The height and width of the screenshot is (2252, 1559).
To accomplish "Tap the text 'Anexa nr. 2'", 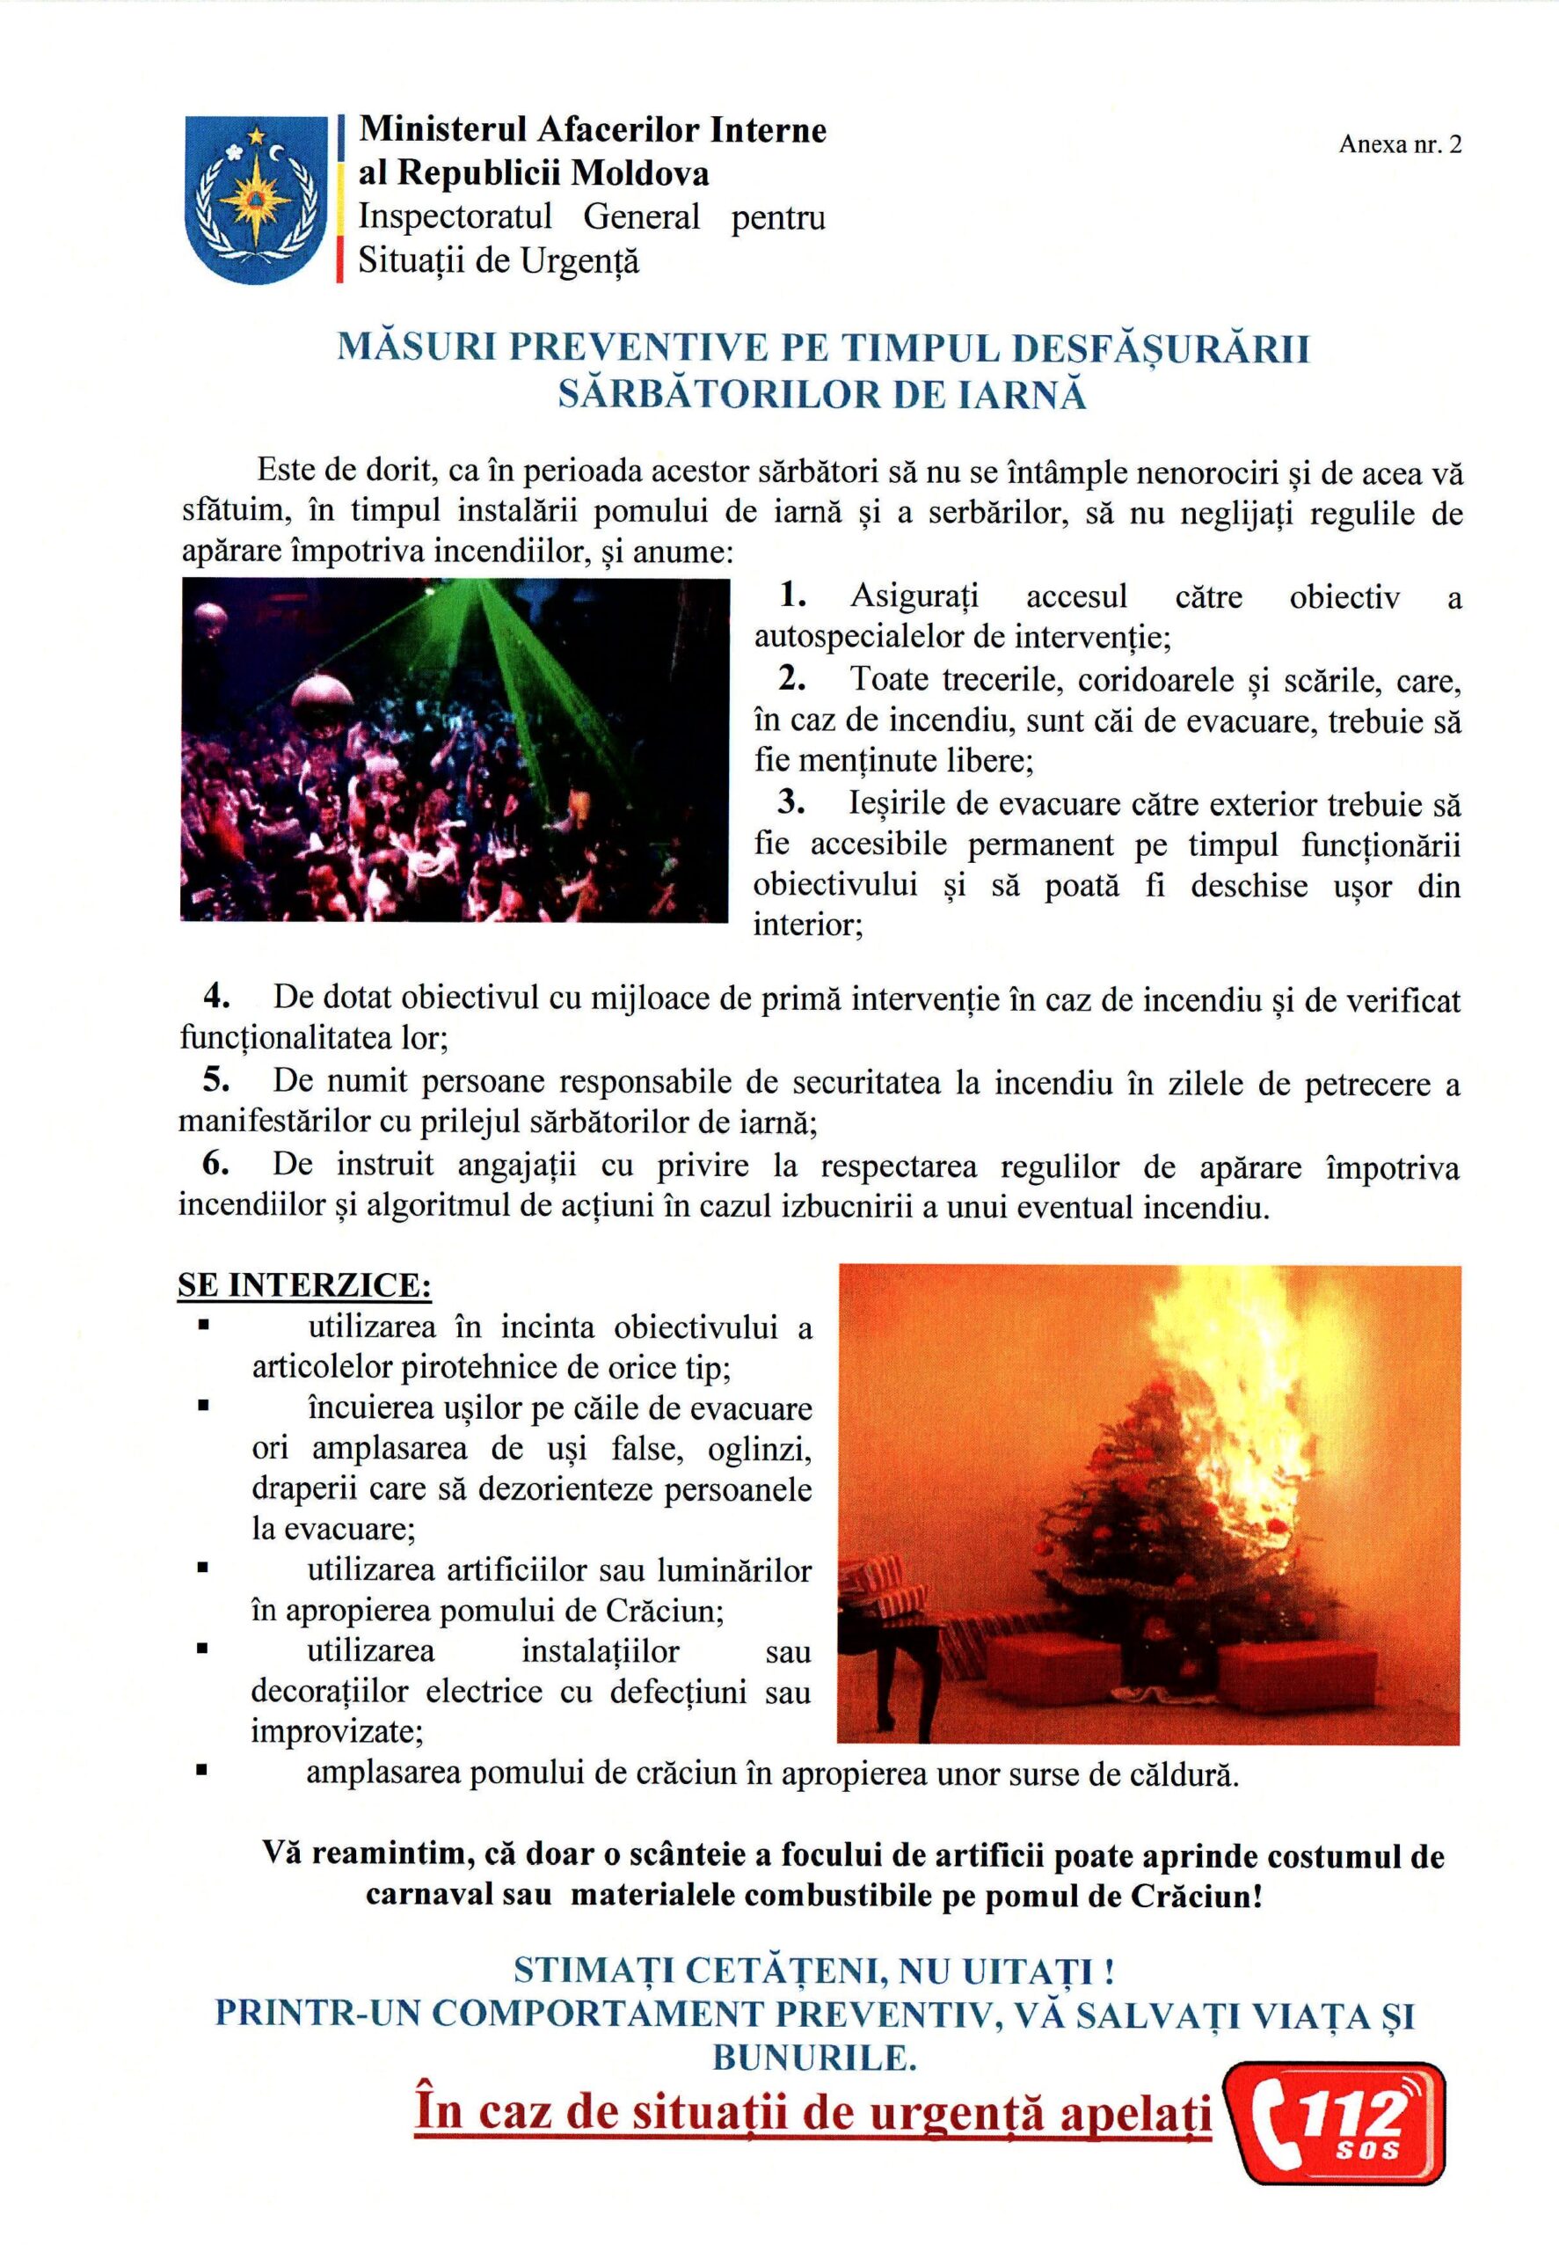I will click(x=1401, y=145).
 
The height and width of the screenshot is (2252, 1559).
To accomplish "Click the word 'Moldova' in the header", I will click(x=640, y=173).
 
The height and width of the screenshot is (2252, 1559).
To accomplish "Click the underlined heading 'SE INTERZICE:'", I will click(x=303, y=1287).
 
